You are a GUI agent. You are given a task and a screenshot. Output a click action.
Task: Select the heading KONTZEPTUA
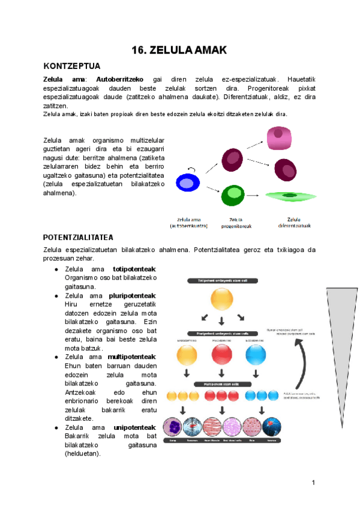[71, 66]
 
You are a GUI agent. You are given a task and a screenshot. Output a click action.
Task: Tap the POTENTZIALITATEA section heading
[79, 238]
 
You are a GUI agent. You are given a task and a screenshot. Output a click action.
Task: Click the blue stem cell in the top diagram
[187, 183]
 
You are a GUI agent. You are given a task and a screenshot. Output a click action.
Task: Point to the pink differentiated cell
[280, 138]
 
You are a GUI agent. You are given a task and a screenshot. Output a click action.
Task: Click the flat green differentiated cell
[290, 196]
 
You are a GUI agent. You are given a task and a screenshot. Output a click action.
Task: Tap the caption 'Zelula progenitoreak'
[231, 223]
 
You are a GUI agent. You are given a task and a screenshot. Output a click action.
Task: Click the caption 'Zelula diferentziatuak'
[293, 223]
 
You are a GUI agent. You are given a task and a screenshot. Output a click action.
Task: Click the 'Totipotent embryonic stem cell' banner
[221, 280]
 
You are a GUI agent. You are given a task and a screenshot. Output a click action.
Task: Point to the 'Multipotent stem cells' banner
[221, 382]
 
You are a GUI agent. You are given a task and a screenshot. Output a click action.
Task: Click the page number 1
[313, 483]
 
